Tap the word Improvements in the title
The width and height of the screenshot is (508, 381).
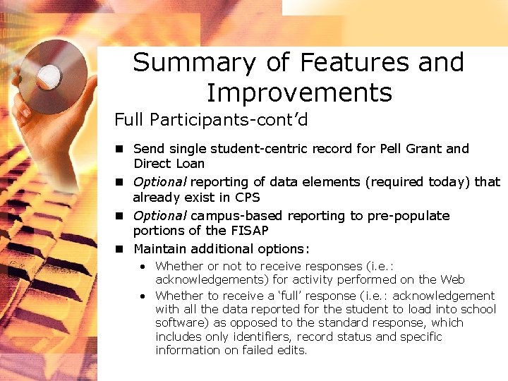pos(298,92)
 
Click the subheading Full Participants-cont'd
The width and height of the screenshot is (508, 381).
pos(211,120)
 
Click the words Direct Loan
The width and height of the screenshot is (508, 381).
pos(169,164)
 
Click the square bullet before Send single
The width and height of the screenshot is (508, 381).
pos(121,149)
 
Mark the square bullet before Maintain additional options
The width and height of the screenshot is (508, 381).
pos(121,248)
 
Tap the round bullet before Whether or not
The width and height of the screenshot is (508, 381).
pos(143,267)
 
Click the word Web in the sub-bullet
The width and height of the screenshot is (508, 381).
pos(452,280)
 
